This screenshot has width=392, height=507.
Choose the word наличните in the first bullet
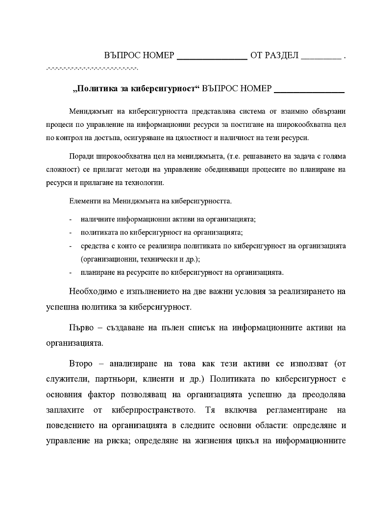pyautogui.click(x=97, y=219)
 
